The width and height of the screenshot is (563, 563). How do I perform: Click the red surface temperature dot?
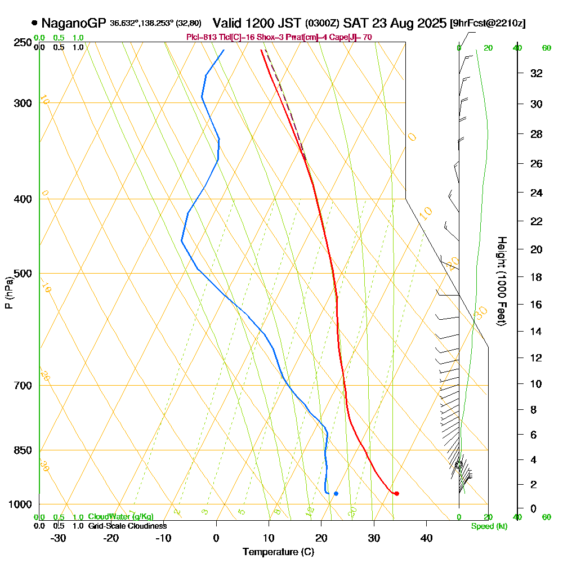click(396, 493)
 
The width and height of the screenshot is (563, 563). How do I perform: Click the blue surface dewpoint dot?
click(336, 493)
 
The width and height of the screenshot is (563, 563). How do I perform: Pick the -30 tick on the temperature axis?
click(59, 538)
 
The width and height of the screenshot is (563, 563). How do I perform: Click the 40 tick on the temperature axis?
click(426, 538)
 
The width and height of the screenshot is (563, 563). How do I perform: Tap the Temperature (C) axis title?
click(278, 552)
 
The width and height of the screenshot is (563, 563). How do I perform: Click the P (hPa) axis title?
click(8, 292)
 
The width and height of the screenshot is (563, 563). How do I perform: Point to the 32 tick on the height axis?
click(537, 73)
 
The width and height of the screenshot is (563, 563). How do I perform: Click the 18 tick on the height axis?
click(537, 277)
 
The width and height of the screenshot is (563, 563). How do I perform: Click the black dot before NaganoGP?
click(35, 23)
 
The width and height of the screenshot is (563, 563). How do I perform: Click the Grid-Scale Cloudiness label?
click(127, 526)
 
